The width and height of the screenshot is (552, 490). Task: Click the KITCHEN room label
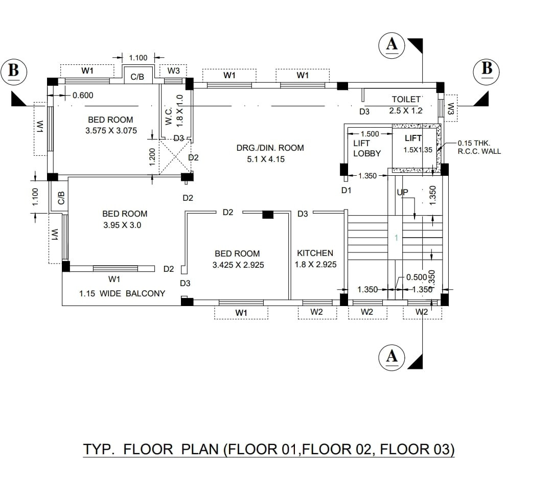[315, 253]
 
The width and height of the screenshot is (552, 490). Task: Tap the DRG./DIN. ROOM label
[270, 148]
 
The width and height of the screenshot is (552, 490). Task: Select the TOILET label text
[406, 99]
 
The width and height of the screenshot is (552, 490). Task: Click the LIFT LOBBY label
[367, 148]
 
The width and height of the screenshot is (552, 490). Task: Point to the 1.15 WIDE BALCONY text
[122, 293]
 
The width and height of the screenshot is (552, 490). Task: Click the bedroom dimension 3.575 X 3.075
[111, 131]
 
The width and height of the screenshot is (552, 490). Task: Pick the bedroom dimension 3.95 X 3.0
[122, 225]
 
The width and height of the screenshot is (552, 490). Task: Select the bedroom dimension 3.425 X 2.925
[238, 265]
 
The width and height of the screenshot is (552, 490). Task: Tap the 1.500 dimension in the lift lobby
[370, 134]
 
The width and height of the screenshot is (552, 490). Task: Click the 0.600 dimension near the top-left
[83, 95]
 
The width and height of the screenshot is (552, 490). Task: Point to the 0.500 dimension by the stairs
[417, 277]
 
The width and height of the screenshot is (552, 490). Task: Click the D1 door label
[347, 191]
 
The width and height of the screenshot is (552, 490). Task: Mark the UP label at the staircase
[402, 192]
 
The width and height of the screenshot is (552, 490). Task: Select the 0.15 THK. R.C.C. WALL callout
[479, 147]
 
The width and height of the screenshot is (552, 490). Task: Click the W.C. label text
[169, 116]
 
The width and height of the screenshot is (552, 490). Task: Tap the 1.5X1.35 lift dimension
[418, 150]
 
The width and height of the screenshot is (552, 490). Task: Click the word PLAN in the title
[200, 450]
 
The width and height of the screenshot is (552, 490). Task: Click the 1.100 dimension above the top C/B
[138, 58]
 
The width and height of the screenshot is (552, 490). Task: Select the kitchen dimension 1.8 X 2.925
[316, 264]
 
